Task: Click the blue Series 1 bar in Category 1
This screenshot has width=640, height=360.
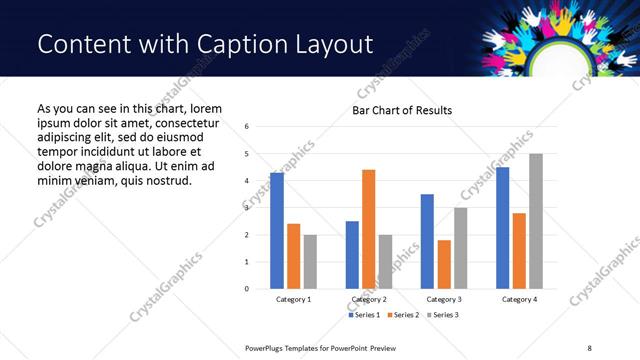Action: click(277, 231)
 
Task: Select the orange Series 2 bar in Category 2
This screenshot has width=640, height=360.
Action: click(369, 229)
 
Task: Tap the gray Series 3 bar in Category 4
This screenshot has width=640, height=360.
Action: click(537, 221)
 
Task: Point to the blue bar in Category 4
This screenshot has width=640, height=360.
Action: click(503, 228)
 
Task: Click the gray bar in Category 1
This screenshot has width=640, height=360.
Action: click(311, 262)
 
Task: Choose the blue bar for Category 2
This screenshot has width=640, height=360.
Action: click(352, 255)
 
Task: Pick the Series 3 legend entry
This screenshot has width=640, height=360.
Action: click(444, 315)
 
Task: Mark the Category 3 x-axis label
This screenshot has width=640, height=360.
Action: click(444, 299)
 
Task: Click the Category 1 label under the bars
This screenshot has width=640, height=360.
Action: click(294, 299)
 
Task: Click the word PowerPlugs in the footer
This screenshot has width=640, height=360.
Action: click(266, 348)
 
